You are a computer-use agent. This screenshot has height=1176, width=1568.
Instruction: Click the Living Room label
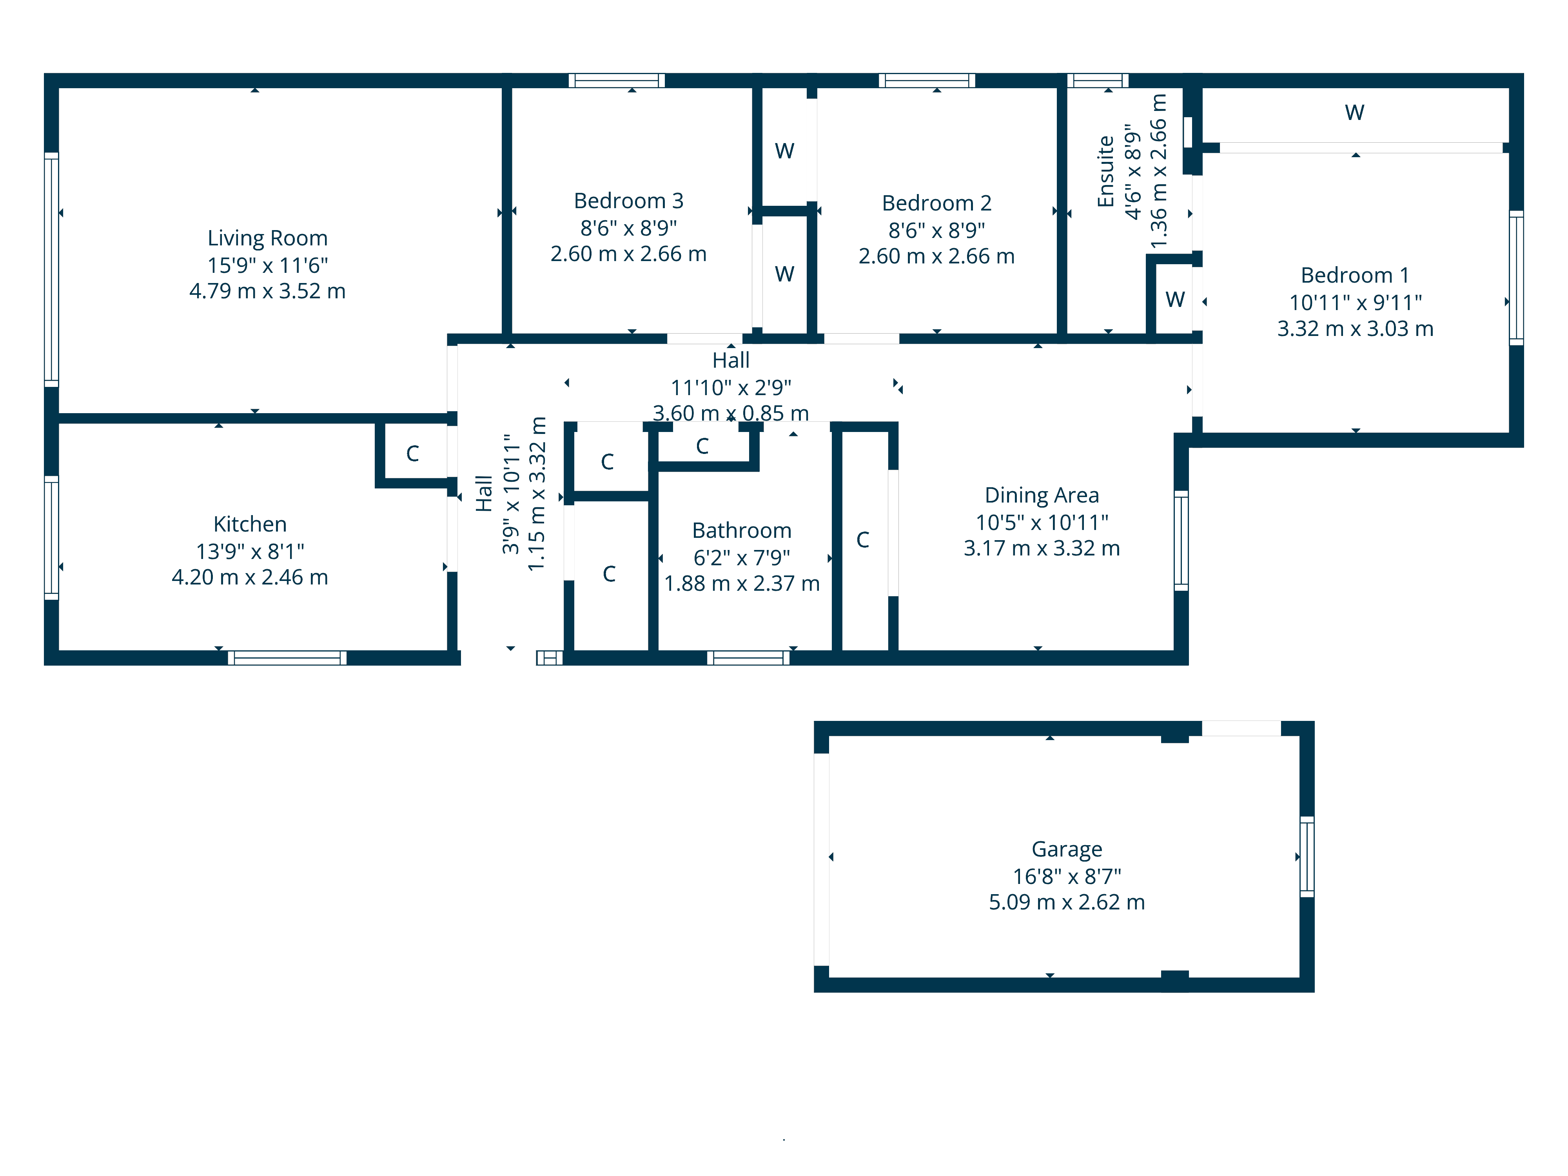pyautogui.click(x=267, y=238)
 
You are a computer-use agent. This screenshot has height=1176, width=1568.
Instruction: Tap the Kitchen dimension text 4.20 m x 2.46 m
pyautogui.click(x=250, y=577)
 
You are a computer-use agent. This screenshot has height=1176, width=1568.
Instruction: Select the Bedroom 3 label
pyautogui.click(x=628, y=201)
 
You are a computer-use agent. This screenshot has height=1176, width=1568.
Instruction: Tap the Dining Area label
pyautogui.click(x=1041, y=495)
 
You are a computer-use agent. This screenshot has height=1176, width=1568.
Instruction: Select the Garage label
pyautogui.click(x=1066, y=849)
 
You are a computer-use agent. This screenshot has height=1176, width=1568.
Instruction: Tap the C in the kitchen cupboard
pyautogui.click(x=412, y=454)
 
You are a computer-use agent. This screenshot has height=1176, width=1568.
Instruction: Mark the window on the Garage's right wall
pyautogui.click(x=1307, y=856)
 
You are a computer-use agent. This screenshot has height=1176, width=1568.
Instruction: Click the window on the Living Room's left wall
pyautogui.click(x=51, y=269)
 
